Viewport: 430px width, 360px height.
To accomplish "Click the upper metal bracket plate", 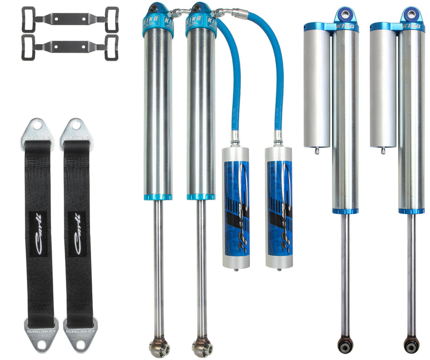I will (x=70, y=17).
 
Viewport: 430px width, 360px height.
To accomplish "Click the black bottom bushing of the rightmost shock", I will (x=411, y=345).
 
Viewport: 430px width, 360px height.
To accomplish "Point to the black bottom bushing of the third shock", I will (x=345, y=345).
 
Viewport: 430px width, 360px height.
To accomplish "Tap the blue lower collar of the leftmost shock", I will (x=158, y=197).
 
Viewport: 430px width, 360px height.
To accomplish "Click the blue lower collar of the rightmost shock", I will (x=411, y=211).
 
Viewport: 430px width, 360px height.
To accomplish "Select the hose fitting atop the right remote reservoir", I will (x=277, y=138).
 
